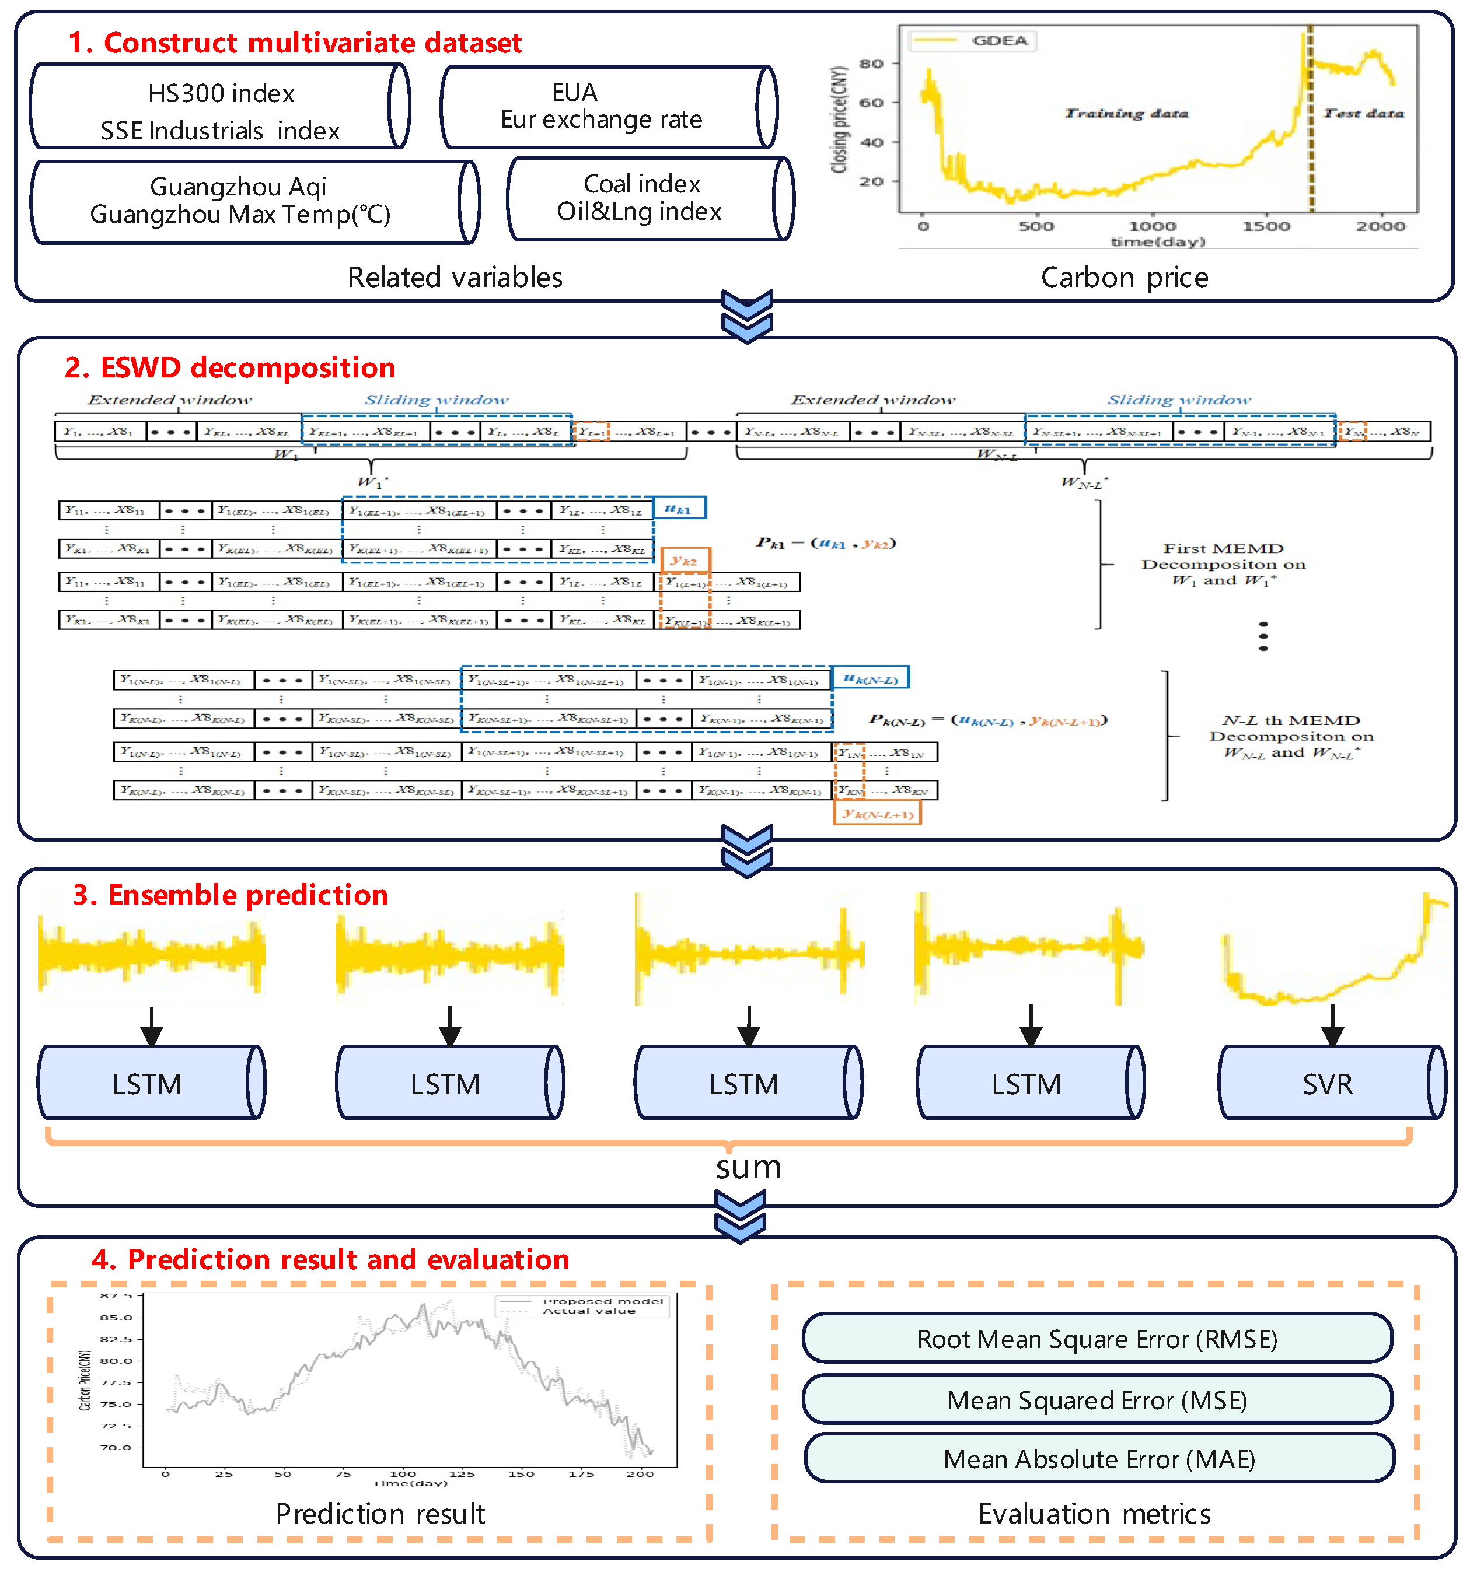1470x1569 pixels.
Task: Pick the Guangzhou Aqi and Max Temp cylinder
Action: coord(253,201)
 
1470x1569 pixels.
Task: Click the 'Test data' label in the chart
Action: coord(1363,114)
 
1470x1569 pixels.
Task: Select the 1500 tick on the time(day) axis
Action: coord(1266,226)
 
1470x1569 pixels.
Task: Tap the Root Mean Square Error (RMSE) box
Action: coord(1097,1339)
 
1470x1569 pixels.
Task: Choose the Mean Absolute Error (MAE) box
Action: coord(1098,1459)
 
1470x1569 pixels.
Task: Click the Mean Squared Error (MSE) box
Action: coord(1097,1399)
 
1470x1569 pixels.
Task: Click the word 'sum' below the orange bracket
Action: coord(748,1167)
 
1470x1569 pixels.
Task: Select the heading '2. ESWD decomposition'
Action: coord(230,368)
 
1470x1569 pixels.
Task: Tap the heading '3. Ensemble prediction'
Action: coord(230,895)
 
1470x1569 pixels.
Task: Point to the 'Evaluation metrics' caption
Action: coord(1094,1514)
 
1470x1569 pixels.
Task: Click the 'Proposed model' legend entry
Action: coord(602,1301)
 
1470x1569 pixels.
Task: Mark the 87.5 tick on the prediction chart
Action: coord(116,1295)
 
